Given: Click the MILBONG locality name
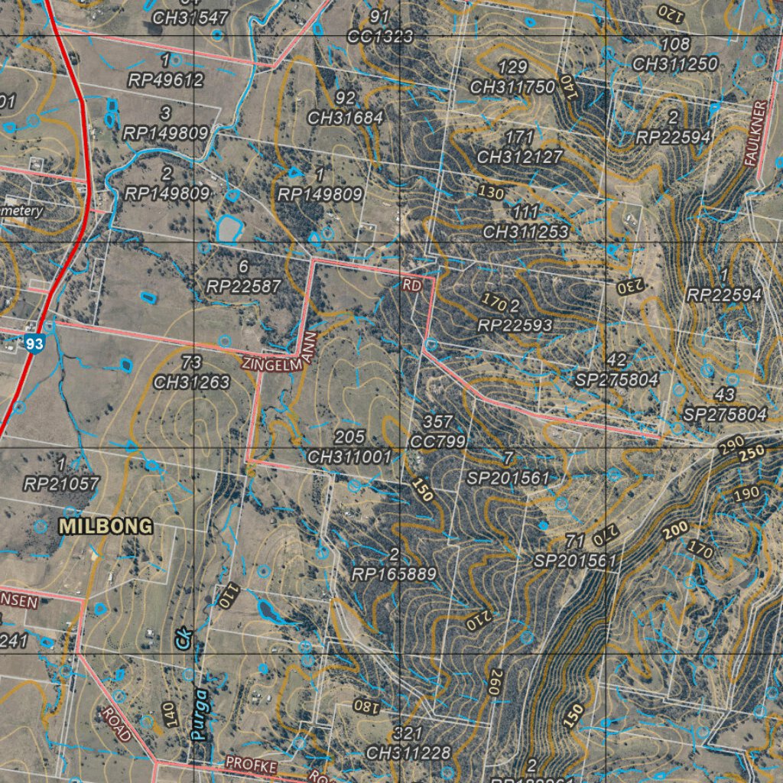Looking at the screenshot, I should coord(106,526).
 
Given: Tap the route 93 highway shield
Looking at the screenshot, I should coord(34,344).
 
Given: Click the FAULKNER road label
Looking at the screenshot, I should coord(759,134).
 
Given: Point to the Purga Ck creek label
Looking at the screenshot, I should coord(192,688).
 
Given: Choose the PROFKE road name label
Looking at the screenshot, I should coord(250,764).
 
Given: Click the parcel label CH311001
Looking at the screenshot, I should coord(349,456).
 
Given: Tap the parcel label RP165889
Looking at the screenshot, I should coord(395,573).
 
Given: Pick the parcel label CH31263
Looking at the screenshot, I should coord(192,382).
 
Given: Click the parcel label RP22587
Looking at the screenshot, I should coord(244,285).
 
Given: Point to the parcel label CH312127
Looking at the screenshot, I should coord(520,157).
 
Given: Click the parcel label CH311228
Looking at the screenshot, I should coord(408,752).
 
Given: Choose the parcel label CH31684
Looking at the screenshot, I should coord(346,118).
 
